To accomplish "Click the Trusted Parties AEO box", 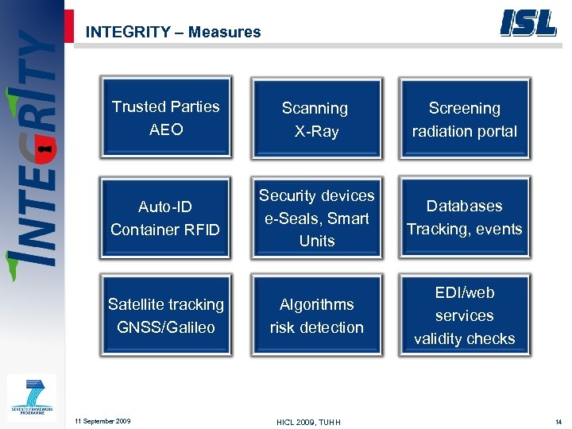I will pyautogui.click(x=166, y=118).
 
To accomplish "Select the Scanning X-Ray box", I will pyautogui.click(x=316, y=119).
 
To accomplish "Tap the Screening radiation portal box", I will pyautogui.click(x=465, y=119).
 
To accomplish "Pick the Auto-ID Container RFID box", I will pyautogui.click(x=166, y=218).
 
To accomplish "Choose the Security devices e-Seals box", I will pyautogui.click(x=316, y=218).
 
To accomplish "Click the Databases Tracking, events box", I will pyautogui.click(x=465, y=218).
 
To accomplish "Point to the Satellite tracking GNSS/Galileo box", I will pyautogui.click(x=166, y=315).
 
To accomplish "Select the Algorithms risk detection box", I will pyautogui.click(x=316, y=315).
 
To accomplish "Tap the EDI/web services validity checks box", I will pyautogui.click(x=465, y=315).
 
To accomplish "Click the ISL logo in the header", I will pyautogui.click(x=528, y=23).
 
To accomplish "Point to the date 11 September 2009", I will pyautogui.click(x=102, y=420).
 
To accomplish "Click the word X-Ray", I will pyautogui.click(x=316, y=131).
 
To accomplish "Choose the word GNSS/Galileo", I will pyautogui.click(x=166, y=327).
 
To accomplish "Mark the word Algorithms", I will pyautogui.click(x=316, y=304).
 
